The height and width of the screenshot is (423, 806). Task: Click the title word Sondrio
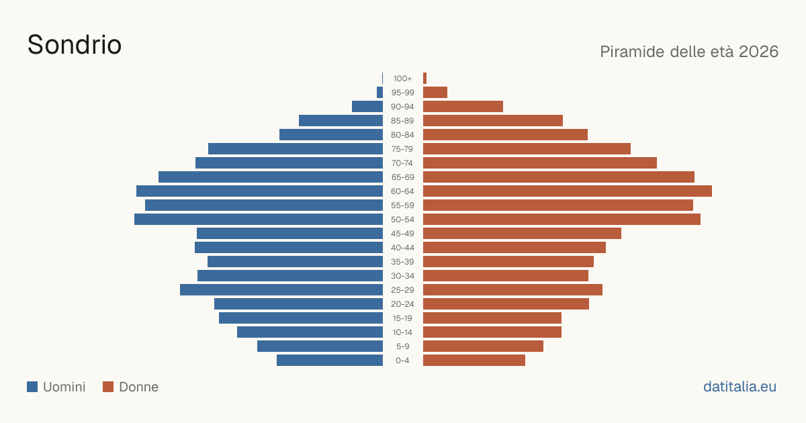pos(75,45)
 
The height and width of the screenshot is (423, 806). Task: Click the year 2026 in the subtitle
pos(758,52)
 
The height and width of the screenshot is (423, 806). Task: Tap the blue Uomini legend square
pos(32,387)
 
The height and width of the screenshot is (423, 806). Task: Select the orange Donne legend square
pos(108,387)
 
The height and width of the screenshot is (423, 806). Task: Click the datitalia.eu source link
pos(740,387)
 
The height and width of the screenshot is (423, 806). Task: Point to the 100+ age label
pos(402,79)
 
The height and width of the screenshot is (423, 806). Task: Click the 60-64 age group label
pos(402,191)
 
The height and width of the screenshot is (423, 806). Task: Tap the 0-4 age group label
pos(402,361)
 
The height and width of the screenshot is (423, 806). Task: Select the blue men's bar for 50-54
pos(259,220)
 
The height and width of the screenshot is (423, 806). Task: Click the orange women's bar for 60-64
pos(568,191)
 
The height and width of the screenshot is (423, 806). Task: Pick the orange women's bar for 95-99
pos(435,93)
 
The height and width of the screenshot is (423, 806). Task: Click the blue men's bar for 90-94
pos(367,107)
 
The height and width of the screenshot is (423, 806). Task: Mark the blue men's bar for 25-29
pos(281,290)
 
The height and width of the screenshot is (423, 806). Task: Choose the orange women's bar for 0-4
pos(474,361)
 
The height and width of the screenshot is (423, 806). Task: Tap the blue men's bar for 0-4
pos(330,361)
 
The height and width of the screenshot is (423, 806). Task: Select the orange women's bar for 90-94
pos(463,107)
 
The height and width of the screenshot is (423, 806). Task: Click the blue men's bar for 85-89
pos(341,120)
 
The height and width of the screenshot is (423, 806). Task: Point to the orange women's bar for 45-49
pos(522,234)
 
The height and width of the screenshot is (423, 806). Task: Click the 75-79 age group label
pos(402,149)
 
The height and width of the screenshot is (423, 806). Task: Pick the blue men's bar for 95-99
pos(380,93)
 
